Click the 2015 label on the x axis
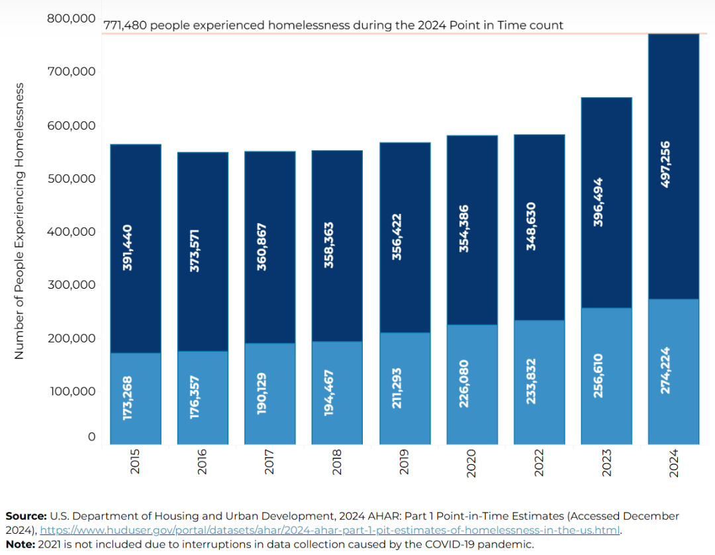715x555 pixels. [136, 462]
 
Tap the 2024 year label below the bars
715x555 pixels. [674, 462]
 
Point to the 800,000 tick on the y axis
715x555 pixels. [71, 19]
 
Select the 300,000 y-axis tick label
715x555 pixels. [71, 285]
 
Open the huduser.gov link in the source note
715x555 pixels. [330, 530]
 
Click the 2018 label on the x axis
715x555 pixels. [338, 462]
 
